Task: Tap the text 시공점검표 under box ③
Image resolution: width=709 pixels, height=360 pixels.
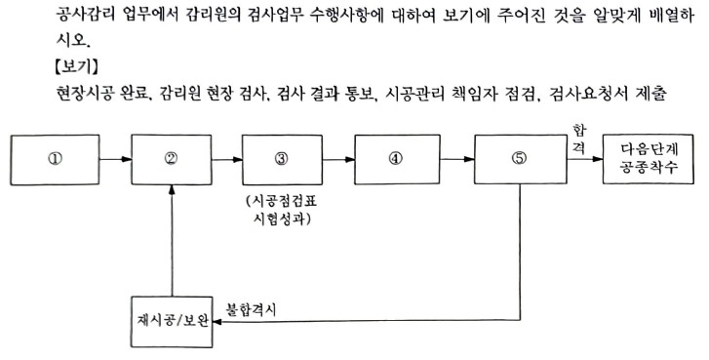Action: click(x=282, y=200)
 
